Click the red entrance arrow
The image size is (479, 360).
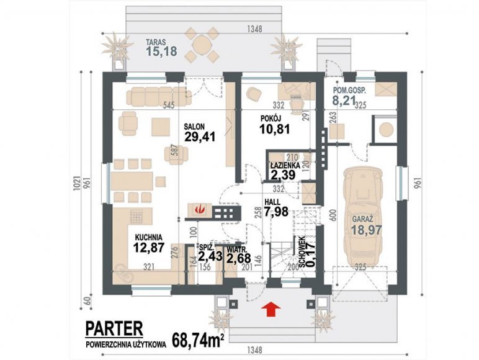pos(272,308)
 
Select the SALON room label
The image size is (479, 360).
pos(194,126)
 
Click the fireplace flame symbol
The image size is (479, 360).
pos(200,210)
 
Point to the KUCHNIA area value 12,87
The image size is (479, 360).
pos(149,247)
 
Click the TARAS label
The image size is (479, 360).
pos(156,42)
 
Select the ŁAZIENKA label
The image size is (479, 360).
pos(285,165)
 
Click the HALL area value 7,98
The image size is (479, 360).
pos(276,212)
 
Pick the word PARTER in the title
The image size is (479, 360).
pos(114,328)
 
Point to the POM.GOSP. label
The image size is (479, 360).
pos(349,91)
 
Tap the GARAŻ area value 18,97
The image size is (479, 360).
pos(366,230)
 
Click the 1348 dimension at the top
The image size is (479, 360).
pos(254,29)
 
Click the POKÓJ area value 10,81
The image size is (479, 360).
pos(275,129)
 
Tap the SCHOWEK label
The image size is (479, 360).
pos(302,253)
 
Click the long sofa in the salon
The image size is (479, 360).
pos(159,96)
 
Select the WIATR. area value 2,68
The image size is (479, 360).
pos(239,258)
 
